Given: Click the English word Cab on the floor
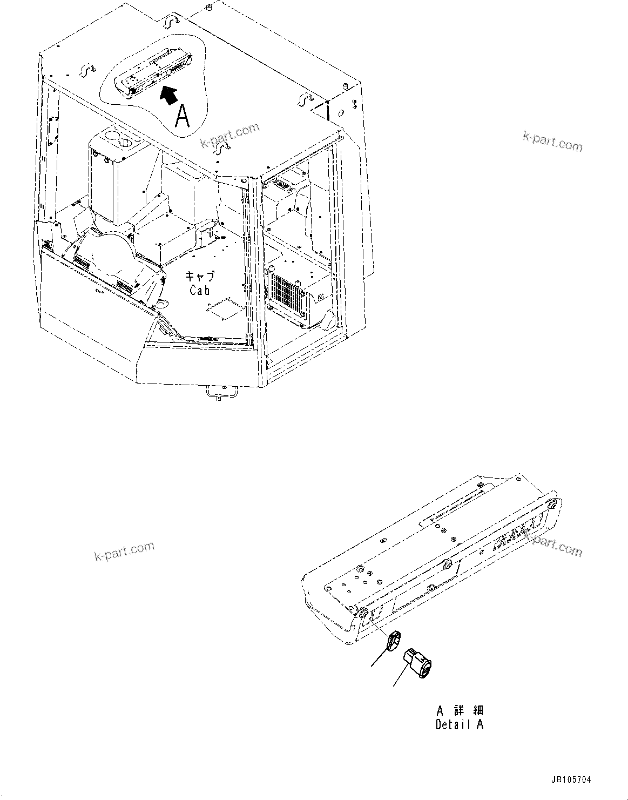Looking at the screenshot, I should [200, 290].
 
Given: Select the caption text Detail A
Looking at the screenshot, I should [460, 725].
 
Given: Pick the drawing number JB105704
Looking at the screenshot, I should [571, 780].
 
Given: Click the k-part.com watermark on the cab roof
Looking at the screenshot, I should [230, 135].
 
